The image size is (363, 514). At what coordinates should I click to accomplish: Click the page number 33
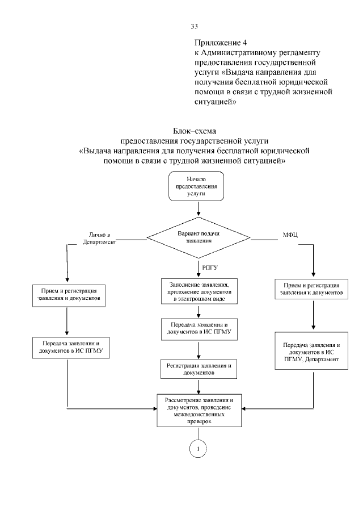194,27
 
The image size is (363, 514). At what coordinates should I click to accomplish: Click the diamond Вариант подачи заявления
199,236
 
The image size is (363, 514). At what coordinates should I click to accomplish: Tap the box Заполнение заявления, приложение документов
199,290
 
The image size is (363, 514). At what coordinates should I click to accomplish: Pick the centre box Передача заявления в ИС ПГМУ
199,329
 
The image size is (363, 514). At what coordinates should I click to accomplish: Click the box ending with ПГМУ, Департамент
311,354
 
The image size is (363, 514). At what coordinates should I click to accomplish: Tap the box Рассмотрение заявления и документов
199,409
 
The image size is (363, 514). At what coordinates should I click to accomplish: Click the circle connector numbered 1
199,448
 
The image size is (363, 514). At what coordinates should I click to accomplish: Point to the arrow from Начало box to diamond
199,208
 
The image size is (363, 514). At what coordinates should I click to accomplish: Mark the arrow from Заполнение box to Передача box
199,311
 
